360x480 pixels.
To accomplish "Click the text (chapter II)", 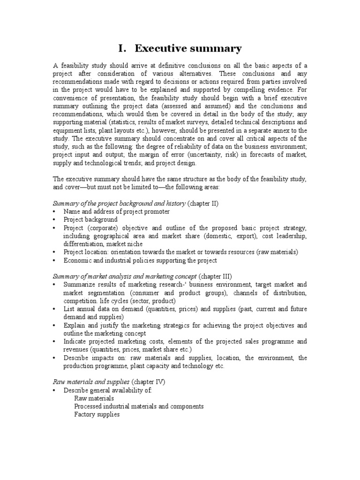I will pos(203,203).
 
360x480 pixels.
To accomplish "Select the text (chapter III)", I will pos(215,276).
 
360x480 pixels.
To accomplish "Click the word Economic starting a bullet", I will pos(77,260).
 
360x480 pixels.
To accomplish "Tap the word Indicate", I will pos(75,341).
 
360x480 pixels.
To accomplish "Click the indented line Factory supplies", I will pos(97,414).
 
